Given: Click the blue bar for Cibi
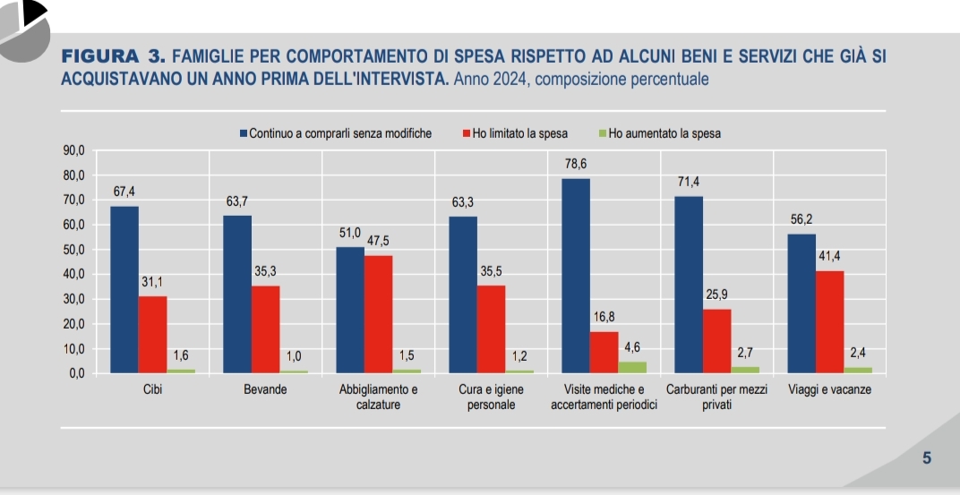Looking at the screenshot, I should point(124,289).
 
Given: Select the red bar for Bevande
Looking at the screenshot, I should point(265,329).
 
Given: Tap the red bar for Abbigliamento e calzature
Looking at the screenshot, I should point(378,313).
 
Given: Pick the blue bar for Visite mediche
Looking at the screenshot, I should point(576,275).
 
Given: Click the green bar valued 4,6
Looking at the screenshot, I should point(632,367).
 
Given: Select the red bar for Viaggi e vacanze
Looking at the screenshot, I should point(829,321).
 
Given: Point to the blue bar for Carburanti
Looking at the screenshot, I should point(689,284).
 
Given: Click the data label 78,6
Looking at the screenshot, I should point(576,165).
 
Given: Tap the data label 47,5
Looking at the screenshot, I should point(379,242).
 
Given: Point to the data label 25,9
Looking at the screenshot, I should point(716,294).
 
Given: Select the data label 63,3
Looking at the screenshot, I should point(463,202).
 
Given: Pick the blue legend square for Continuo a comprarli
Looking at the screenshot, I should point(244,134).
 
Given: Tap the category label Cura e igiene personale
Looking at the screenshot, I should point(491,397).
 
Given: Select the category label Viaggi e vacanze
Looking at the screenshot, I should point(829,390).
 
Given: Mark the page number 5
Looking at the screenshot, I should point(927,458).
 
